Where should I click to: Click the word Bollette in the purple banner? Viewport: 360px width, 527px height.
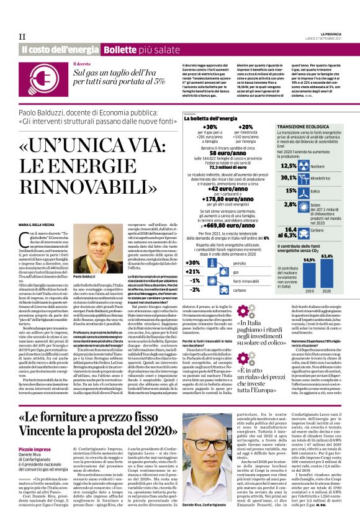[120, 49]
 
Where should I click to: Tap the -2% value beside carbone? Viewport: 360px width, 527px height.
[194, 290]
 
